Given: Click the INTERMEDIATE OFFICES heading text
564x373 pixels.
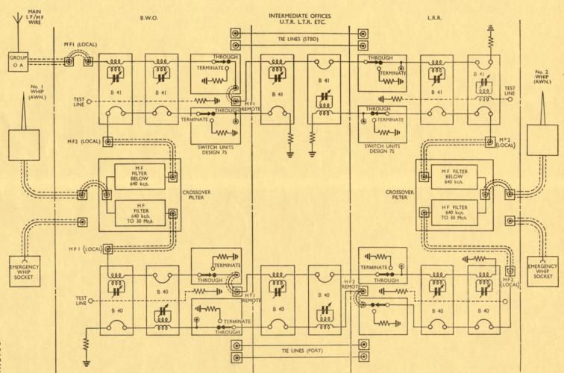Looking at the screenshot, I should [300, 14].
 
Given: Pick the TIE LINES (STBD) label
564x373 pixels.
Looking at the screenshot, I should [298, 40].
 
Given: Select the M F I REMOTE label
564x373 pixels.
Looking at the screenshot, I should [250, 107].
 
